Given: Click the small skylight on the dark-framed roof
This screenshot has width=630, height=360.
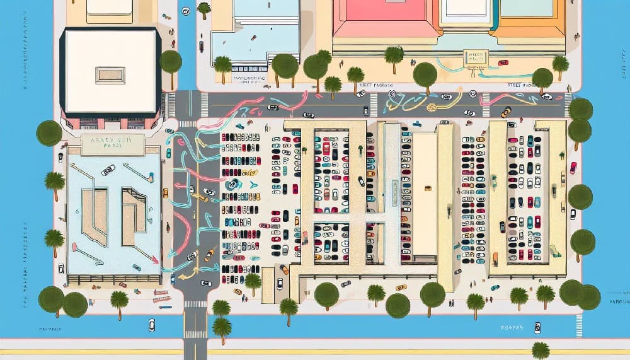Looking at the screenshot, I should [x=110, y=75].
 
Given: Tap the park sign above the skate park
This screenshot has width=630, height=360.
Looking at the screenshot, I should [x=105, y=144].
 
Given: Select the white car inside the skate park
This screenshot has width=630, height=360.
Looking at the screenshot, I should [x=108, y=170].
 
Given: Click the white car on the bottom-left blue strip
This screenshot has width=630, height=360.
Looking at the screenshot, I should [x=151, y=325].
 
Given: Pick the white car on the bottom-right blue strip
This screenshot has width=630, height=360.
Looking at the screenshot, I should [x=537, y=327].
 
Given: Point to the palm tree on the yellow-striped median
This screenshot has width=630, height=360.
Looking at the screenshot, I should [x=540, y=349].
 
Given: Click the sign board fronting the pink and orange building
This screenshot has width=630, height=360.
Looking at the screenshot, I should [x=474, y=59].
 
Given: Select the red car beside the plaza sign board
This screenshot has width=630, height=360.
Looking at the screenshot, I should [x=503, y=62].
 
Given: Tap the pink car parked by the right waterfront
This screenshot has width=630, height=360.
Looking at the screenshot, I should [x=573, y=167].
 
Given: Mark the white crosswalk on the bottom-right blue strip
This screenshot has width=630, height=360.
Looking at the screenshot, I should [x=579, y=325].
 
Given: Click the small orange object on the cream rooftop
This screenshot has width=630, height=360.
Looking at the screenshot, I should [x=428, y=188].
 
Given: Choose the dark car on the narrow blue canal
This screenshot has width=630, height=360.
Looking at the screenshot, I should [x=201, y=46].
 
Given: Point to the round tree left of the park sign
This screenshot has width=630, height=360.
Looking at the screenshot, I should [x=49, y=133].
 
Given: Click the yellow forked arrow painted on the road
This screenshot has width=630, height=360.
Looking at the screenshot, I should [x=184, y=275].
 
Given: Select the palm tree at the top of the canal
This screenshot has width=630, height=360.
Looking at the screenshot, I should [x=204, y=8].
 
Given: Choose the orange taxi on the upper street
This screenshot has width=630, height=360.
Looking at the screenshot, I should [x=505, y=112].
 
